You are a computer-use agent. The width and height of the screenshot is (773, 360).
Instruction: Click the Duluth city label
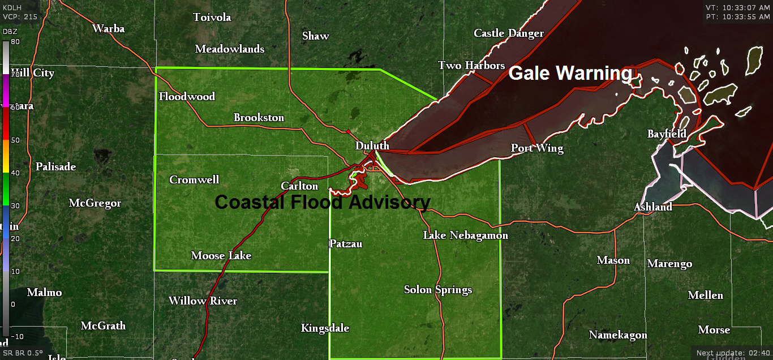(x=372, y=146)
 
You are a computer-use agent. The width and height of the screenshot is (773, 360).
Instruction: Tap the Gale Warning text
(x=570, y=74)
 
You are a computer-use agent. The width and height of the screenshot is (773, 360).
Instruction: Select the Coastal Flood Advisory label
(x=323, y=202)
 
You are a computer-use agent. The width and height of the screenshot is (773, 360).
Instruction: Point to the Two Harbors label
(x=471, y=66)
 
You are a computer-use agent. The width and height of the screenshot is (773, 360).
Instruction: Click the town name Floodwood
(x=187, y=97)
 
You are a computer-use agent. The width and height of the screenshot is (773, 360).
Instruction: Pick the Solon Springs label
(x=437, y=290)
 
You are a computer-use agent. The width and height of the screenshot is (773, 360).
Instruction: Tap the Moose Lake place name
(x=221, y=256)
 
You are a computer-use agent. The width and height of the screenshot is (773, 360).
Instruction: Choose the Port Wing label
(x=537, y=148)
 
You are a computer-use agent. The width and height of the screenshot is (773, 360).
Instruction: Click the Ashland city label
(x=652, y=207)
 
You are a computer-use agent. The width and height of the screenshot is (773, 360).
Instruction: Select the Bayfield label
(x=667, y=134)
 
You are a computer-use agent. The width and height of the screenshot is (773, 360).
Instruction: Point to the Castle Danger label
(x=508, y=33)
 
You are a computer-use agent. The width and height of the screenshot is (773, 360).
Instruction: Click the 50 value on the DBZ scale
(x=15, y=140)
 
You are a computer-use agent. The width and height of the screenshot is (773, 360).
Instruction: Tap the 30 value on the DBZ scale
(x=15, y=206)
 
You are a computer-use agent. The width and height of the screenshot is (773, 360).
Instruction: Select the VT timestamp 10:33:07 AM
(x=737, y=7)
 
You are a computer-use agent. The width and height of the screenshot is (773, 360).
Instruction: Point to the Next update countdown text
(x=732, y=353)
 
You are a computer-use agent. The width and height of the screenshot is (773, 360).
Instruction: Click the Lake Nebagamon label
(x=465, y=235)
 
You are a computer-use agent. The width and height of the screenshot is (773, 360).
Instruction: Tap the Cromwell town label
(x=194, y=180)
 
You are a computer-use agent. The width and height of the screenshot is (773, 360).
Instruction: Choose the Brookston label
(x=259, y=118)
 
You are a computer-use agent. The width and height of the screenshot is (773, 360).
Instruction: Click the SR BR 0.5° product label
(x=23, y=353)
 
